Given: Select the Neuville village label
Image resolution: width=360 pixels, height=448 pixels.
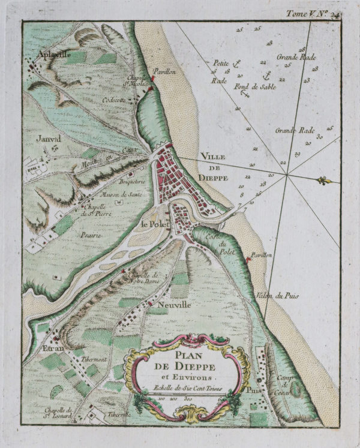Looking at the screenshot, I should (175, 305).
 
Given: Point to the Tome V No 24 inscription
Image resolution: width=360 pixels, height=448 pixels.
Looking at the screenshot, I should (313, 13).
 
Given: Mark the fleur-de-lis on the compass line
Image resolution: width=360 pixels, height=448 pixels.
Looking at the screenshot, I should (325, 181).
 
